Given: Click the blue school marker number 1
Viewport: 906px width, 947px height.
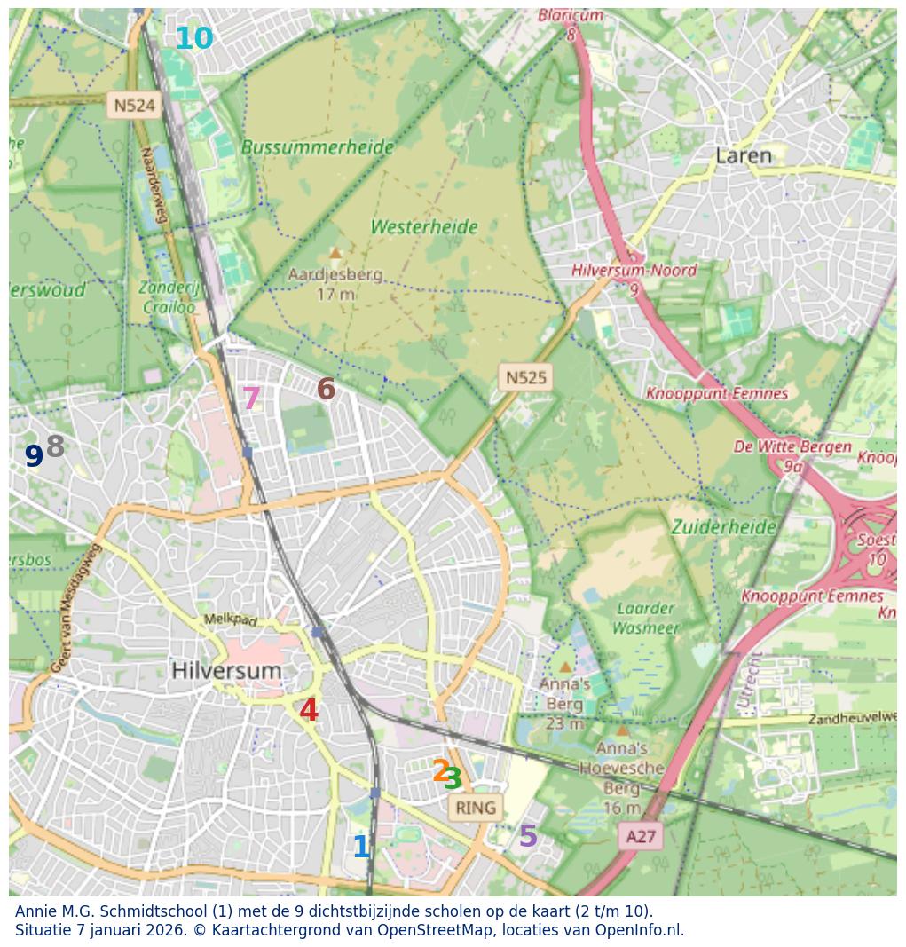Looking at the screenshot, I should click(x=361, y=847).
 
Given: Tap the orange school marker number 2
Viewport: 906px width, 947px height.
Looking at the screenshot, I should click(x=440, y=770).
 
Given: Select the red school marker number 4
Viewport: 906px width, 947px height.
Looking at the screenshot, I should click(x=309, y=710).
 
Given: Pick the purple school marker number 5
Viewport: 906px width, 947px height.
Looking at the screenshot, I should click(x=528, y=836).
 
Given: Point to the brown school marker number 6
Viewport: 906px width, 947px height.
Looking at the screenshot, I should click(x=326, y=389).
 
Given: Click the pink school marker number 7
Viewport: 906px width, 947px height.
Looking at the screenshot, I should click(x=251, y=399).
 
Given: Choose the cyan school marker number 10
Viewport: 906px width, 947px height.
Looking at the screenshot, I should click(x=193, y=39).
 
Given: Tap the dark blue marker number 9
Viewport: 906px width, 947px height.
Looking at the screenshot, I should click(x=34, y=456).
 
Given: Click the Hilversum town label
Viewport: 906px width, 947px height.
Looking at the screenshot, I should click(x=226, y=671).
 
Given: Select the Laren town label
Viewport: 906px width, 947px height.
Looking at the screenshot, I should click(x=744, y=156).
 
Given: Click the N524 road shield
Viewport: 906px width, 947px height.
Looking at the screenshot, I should click(x=134, y=106).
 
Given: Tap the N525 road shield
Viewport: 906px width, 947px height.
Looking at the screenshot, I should click(x=525, y=377).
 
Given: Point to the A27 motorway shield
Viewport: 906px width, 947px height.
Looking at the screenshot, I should click(x=641, y=836).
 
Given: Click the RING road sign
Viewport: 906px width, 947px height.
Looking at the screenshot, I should click(x=476, y=808).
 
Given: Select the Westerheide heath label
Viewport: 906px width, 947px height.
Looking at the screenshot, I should click(x=424, y=227).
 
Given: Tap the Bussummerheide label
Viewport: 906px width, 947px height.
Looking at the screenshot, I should click(x=317, y=147).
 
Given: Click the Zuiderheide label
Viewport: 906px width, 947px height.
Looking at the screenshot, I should click(x=723, y=527).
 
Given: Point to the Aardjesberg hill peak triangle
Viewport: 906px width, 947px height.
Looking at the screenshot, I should click(x=335, y=254).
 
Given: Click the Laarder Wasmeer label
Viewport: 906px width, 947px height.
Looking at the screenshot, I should click(x=646, y=619).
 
